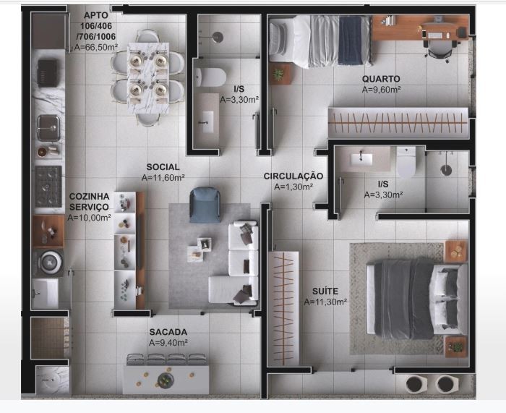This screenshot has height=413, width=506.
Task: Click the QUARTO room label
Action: (381, 79)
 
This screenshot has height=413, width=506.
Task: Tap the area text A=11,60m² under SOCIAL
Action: (163, 177)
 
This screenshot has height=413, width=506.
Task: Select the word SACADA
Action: (168, 331)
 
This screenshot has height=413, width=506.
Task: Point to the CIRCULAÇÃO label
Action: (293, 176)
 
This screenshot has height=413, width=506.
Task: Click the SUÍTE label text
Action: (325, 291)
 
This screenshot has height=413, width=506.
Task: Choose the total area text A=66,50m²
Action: (96, 47)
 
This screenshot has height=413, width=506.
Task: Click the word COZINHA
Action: (89, 196)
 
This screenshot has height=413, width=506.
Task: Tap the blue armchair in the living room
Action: (205, 203)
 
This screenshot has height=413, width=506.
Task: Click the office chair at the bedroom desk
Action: (439, 45)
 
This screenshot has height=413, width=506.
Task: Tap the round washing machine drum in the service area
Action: (49, 260)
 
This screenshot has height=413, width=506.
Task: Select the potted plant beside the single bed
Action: (279, 73)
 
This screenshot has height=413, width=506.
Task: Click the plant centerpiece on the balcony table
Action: (166, 380)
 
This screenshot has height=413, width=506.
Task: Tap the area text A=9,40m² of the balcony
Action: (168, 342)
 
